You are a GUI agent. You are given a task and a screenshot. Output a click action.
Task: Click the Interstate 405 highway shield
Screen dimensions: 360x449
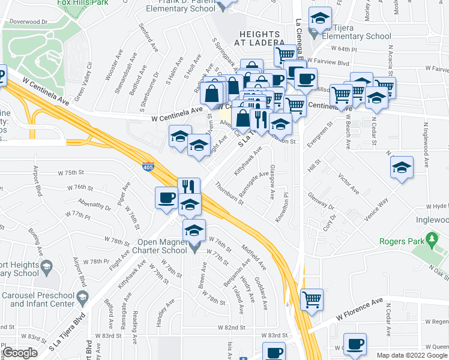click(148, 167)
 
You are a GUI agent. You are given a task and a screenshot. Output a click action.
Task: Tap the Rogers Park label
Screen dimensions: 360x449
click(402, 242)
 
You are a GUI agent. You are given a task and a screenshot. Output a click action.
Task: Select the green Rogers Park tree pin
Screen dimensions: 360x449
click(432, 241)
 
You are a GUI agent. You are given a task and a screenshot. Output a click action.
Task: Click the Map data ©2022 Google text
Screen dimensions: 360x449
click(412, 355)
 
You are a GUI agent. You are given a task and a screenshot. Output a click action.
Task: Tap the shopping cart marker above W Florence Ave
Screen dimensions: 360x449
click(312, 299)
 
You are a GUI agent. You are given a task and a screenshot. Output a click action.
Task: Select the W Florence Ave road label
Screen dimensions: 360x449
click(359, 308)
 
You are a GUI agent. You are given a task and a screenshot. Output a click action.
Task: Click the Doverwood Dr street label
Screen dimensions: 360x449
click(29, 22)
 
